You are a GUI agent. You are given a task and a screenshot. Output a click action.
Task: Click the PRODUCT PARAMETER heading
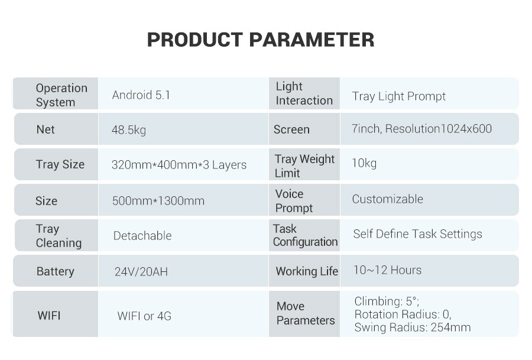(261, 40)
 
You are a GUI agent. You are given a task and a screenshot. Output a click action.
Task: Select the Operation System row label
(61, 95)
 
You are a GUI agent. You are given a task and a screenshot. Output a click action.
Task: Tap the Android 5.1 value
(141, 95)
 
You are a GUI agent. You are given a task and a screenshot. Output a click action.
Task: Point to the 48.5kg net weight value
(129, 130)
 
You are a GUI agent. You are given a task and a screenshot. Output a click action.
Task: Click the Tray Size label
(60, 164)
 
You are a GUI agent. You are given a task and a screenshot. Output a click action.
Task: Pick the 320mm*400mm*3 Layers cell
(179, 165)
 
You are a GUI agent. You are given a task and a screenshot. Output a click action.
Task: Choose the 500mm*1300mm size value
(158, 201)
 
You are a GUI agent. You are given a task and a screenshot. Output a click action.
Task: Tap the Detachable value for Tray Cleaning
(142, 236)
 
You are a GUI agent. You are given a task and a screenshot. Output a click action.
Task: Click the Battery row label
(56, 272)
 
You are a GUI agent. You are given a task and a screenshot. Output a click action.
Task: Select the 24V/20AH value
(141, 272)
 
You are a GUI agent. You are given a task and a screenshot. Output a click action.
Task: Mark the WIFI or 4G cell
(144, 316)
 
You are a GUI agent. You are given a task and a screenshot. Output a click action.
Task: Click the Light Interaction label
(304, 93)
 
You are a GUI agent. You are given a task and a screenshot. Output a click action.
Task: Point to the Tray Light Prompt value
(398, 97)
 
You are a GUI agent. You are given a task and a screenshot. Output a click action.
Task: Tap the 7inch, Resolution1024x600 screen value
(421, 129)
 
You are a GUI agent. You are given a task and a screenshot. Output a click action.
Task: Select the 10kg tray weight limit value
(364, 164)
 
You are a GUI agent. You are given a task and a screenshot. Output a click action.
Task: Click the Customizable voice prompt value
(387, 199)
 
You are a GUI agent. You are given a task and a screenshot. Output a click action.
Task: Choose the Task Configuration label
(306, 235)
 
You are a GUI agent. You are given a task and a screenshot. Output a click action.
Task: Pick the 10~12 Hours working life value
(387, 270)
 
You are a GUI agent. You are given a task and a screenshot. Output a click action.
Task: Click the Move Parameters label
(306, 313)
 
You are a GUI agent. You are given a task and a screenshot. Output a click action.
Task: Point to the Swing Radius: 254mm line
(413, 327)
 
